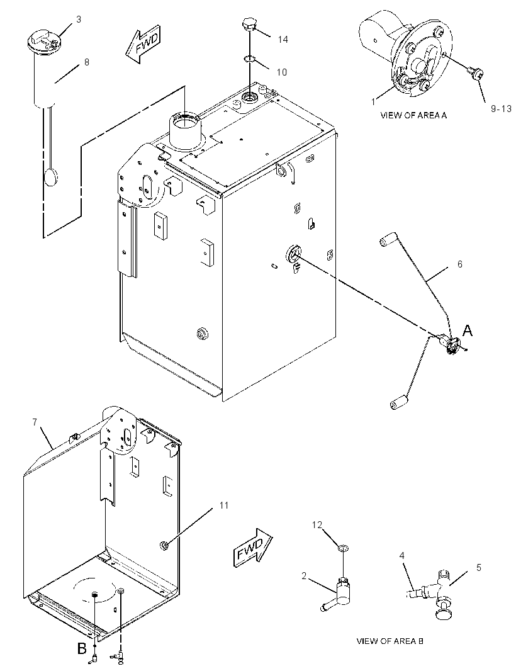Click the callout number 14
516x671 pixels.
(283, 40)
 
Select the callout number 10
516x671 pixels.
(281, 72)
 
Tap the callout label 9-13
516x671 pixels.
(501, 109)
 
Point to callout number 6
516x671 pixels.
(460, 264)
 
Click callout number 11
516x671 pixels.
(224, 505)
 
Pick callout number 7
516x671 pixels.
(35, 422)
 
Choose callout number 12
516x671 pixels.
(317, 525)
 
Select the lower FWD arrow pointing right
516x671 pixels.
(253, 548)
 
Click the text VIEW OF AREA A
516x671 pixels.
(413, 115)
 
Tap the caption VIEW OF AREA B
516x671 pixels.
(390, 641)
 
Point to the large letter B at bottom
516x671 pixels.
(82, 649)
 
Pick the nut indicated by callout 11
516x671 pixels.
(163, 544)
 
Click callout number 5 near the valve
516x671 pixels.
(479, 567)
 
